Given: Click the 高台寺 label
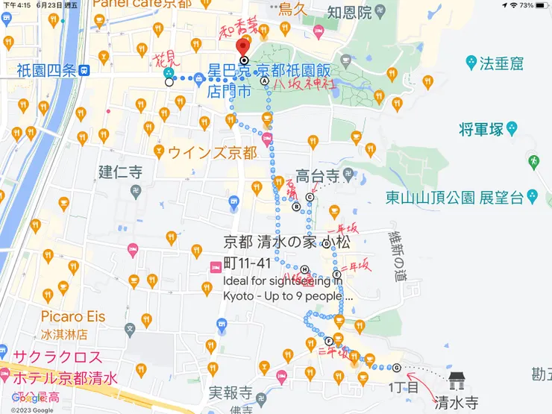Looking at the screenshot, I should point(318,176).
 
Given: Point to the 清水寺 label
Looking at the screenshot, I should point(457,403).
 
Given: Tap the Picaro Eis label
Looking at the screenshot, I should point(73,316).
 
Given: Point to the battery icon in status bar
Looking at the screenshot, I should point(542,5).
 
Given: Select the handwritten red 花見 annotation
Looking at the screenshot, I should point(166,59).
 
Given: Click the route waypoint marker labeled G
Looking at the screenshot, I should point(397,367).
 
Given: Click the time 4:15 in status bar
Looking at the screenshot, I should point(22,5).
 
